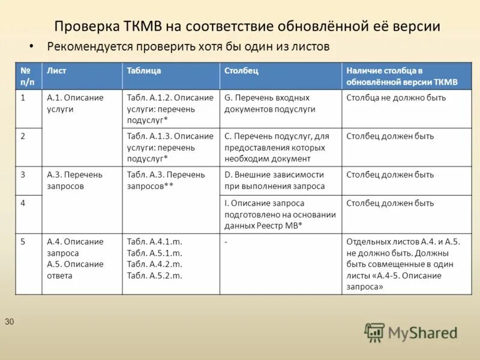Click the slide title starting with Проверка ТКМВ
click(247, 26)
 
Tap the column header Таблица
click(144, 70)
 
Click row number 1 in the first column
click(23, 98)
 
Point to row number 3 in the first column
click(23, 175)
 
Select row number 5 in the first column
click(23, 242)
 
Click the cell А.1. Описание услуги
click(75, 103)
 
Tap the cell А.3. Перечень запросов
click(75, 180)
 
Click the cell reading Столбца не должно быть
click(396, 98)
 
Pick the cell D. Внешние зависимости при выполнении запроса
click(274, 180)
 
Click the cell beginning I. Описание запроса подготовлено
click(280, 215)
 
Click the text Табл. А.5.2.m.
click(154, 276)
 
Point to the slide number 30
click(9, 322)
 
